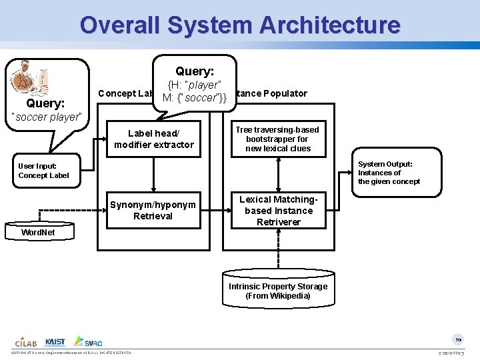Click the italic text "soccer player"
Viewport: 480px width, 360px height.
(46, 117)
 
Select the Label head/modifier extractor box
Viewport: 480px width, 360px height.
(154, 139)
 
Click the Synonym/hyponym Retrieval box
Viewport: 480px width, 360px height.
(153, 210)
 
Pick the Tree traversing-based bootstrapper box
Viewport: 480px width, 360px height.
(278, 139)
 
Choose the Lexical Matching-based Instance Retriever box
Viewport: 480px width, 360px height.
(278, 211)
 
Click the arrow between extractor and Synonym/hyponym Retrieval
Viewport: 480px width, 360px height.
(154, 175)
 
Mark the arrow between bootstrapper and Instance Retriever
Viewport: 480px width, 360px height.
(278, 175)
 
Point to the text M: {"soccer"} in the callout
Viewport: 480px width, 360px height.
(194, 97)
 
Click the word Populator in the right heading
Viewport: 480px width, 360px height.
(285, 93)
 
